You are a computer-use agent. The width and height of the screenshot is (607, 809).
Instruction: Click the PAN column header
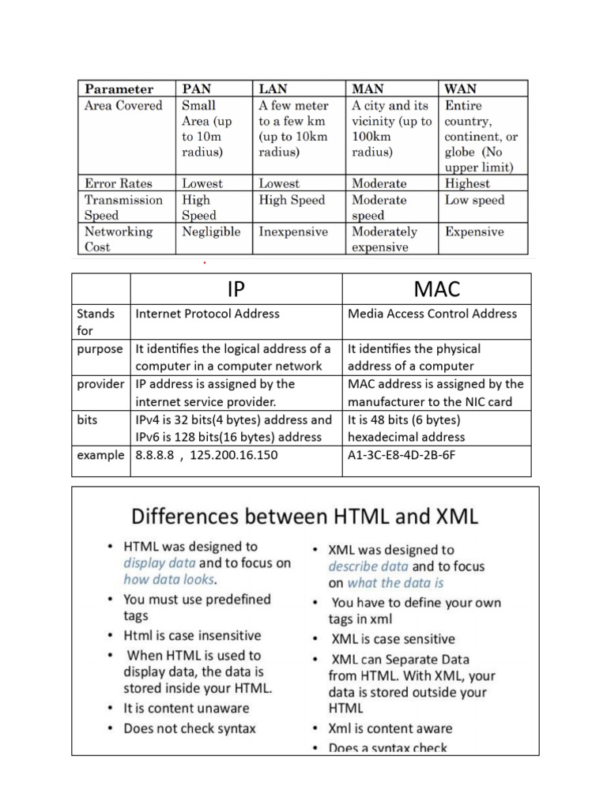(197, 89)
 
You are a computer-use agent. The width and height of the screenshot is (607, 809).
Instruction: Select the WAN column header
(461, 89)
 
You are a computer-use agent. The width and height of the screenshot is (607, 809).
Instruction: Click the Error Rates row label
(119, 183)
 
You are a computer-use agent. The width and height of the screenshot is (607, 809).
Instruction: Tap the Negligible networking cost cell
(211, 232)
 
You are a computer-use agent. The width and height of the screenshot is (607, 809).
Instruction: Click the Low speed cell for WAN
(474, 200)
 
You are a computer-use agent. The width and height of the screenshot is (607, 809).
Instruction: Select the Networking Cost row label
(119, 239)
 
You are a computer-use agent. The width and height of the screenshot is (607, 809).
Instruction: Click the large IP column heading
(236, 288)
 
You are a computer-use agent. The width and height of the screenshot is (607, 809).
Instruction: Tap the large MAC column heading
(436, 288)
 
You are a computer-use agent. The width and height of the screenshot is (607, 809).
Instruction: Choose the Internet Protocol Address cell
(208, 314)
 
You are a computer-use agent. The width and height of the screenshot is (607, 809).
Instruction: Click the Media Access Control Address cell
(432, 314)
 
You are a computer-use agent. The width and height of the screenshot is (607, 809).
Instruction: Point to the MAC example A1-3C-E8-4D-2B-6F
(402, 455)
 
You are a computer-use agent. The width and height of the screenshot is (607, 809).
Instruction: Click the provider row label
(100, 384)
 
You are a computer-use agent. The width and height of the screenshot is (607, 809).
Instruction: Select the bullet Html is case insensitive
(192, 635)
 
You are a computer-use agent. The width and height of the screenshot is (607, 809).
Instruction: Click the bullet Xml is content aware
(390, 728)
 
